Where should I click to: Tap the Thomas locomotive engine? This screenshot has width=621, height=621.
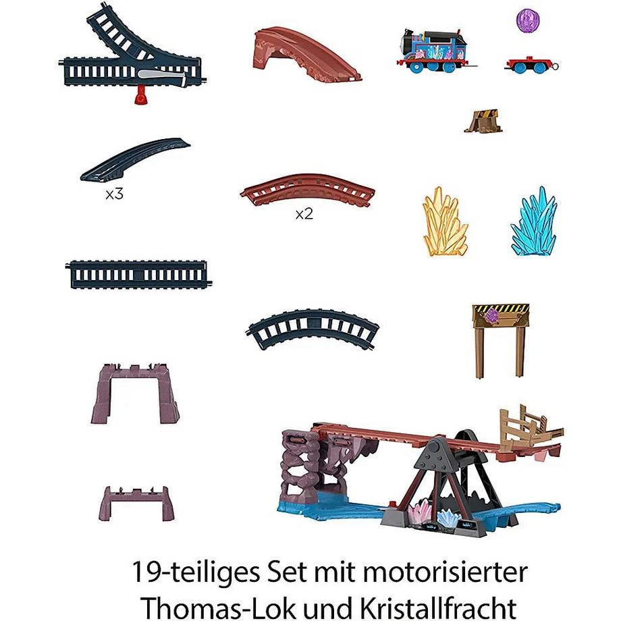point(436,49)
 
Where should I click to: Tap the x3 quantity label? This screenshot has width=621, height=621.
point(114,194)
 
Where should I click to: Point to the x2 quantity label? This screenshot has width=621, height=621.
point(304,214)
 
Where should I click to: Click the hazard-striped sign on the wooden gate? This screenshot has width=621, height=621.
point(500,314)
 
